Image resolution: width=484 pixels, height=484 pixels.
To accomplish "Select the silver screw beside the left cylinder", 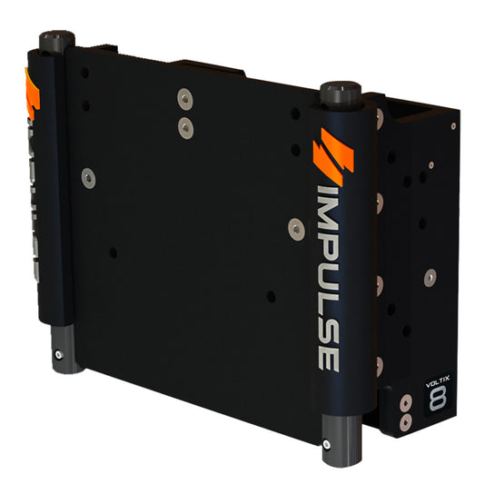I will (88, 177).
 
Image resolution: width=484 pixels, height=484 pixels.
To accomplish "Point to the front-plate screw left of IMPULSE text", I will (294, 228).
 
